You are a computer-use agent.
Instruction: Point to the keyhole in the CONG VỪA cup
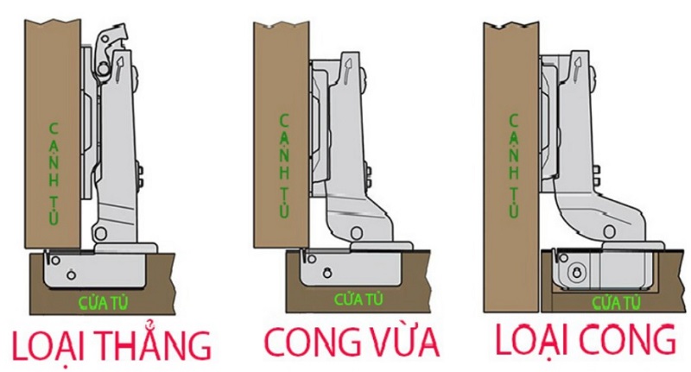(x=327, y=273)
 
